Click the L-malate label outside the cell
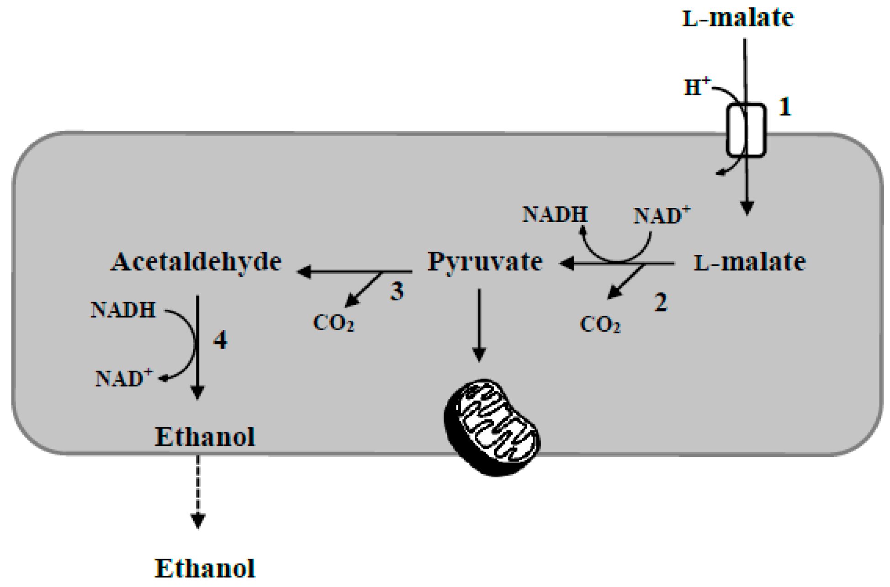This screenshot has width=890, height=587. [x=738, y=18]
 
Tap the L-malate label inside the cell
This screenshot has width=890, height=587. [x=749, y=263]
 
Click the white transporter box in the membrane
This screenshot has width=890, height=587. [x=746, y=131]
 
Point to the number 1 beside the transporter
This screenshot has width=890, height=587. [x=785, y=107]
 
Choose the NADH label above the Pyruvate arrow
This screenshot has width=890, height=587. [x=555, y=215]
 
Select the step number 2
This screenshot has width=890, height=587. [x=661, y=302]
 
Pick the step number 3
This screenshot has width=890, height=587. [x=397, y=291]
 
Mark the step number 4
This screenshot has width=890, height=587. [x=220, y=340]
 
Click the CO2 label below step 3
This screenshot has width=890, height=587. [x=334, y=323]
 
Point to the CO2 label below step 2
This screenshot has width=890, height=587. [x=600, y=325]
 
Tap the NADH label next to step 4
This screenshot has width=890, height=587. [x=123, y=310]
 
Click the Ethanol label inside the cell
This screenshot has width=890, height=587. [x=205, y=437]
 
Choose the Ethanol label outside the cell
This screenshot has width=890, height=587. [x=205, y=569]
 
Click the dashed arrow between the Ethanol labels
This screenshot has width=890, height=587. [x=198, y=491]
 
